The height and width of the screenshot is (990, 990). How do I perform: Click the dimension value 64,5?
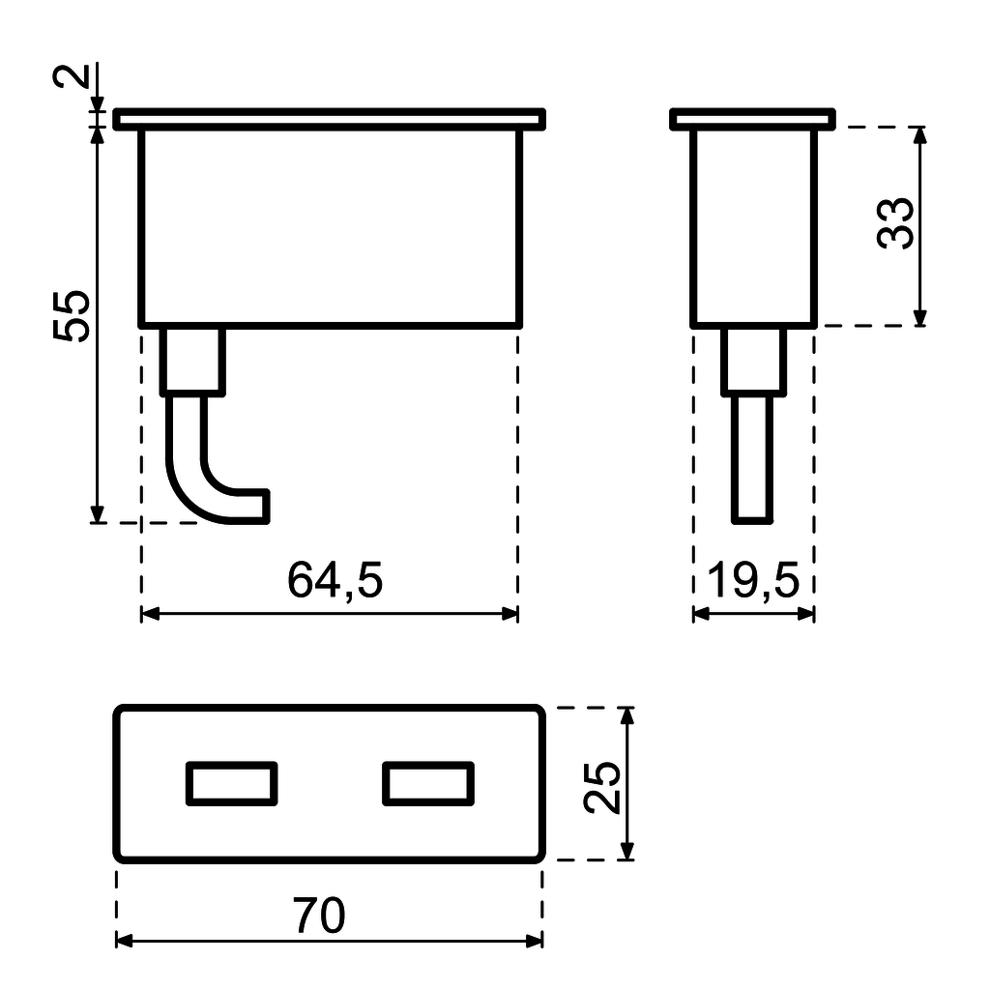(335, 581)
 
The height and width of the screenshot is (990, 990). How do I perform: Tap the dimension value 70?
(319, 916)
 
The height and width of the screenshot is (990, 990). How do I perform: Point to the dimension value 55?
(73, 314)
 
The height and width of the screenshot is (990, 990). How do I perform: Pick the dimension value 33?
(896, 223)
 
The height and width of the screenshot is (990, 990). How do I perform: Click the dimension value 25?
(603, 788)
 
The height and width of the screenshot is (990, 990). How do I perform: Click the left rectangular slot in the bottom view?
(232, 783)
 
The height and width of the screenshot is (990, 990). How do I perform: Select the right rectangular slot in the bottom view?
(428, 783)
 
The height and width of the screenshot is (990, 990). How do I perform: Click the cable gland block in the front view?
(192, 361)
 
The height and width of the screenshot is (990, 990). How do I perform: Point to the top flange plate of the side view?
(752, 119)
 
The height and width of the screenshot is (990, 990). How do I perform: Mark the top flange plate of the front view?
(329, 119)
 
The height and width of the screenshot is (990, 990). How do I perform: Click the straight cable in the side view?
(752, 459)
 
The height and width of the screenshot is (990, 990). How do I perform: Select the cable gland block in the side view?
(753, 361)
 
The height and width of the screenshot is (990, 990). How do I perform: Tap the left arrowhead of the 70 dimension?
(123, 941)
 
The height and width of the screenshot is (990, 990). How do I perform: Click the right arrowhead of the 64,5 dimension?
(510, 613)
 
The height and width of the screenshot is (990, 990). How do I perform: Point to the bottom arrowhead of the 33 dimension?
(919, 318)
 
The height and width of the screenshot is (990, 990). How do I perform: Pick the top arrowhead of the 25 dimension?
(627, 715)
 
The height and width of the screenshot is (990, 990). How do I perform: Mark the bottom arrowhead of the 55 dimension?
(97, 514)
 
